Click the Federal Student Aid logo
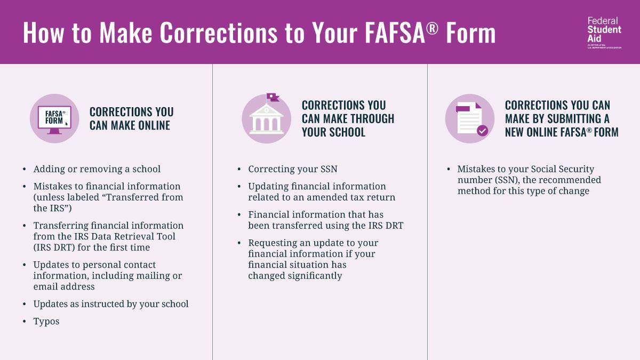point(604,32)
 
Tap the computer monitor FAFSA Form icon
point(54,118)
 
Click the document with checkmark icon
point(470,118)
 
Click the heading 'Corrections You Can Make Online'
point(131,118)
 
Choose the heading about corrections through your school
point(348,118)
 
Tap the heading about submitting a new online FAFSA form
point(562,118)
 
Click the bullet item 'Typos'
point(46,321)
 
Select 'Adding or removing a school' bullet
point(97,169)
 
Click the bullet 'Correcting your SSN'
point(292,169)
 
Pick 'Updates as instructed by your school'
point(111,304)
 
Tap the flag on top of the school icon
point(273,97)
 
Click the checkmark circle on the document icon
point(482,131)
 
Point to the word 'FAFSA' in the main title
point(395,33)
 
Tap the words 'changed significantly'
point(295,276)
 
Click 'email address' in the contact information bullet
point(63,286)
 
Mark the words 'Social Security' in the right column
point(562,169)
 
